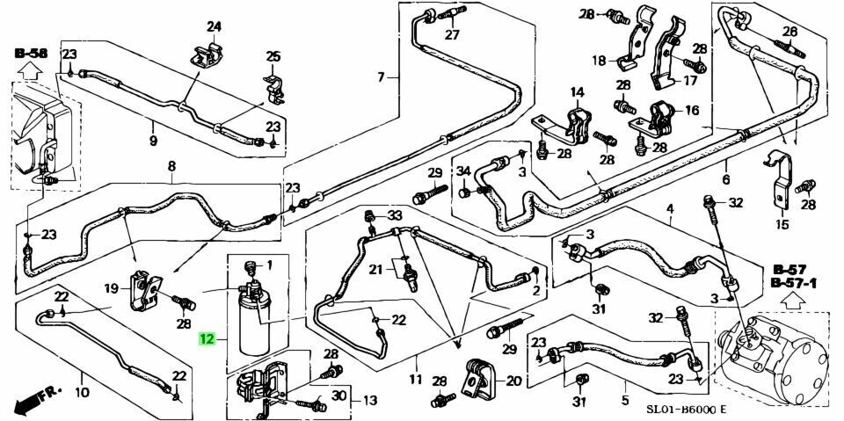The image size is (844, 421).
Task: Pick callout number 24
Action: [x=214, y=25]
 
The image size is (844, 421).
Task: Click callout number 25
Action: [x=273, y=58]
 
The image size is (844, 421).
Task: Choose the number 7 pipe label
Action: [x=382, y=77]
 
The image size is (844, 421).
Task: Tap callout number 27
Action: [x=452, y=34]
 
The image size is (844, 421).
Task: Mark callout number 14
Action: [x=577, y=91]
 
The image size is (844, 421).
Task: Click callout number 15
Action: [x=782, y=225]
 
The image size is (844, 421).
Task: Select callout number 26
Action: [x=789, y=33]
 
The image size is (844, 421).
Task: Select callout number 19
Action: [x=113, y=288]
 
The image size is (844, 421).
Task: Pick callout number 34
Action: [x=463, y=171]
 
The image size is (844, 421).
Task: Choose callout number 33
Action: [x=395, y=215]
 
